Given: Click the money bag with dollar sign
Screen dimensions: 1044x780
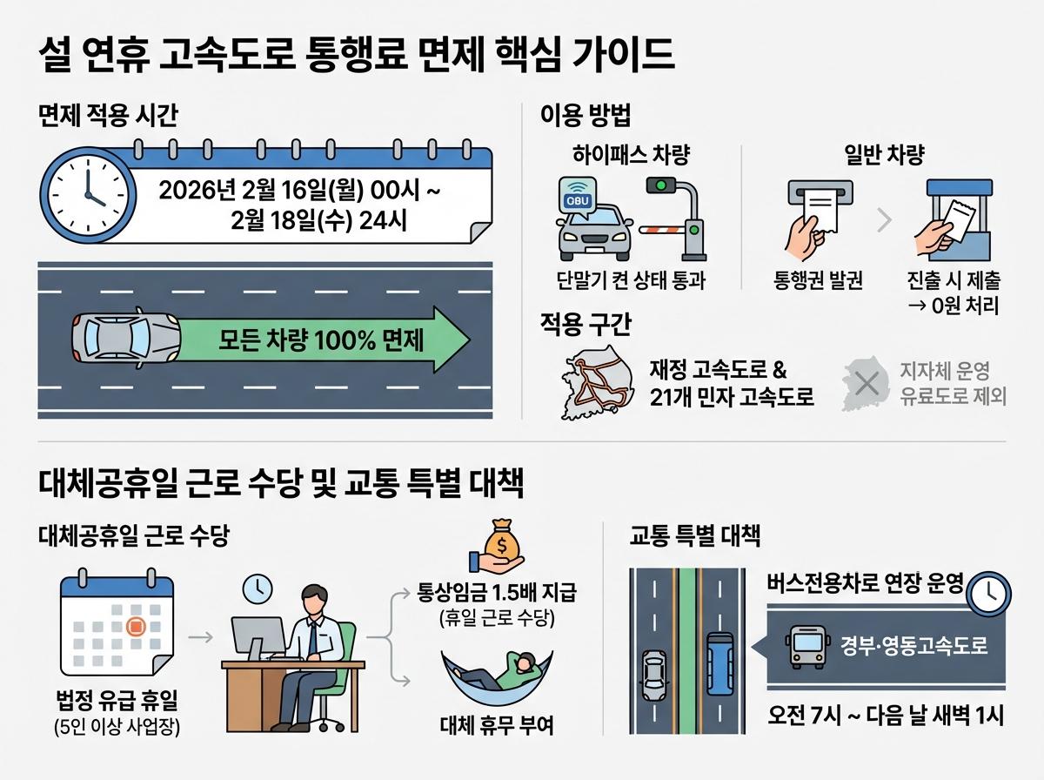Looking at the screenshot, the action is tap(503, 545).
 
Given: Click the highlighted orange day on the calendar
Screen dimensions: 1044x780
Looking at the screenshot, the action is tap(136, 626).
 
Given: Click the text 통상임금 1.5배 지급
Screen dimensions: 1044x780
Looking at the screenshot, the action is tap(497, 595).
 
